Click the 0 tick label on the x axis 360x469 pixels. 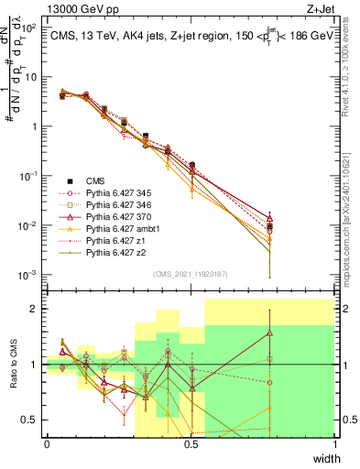point(47,445)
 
